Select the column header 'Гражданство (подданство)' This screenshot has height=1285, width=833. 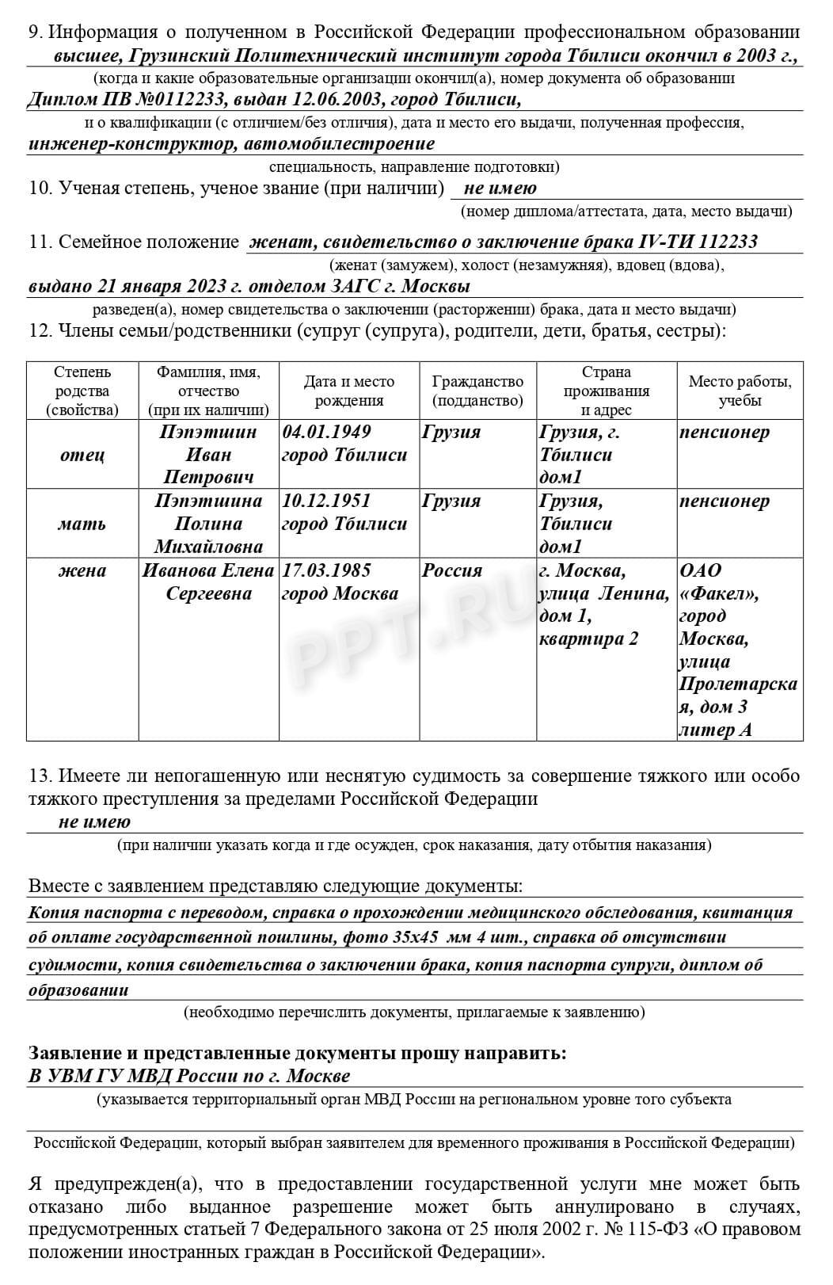tap(477, 391)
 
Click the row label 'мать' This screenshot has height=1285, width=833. tap(82, 524)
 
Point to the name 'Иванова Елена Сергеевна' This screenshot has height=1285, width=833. tap(207, 582)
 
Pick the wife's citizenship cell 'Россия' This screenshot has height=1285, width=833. tap(452, 571)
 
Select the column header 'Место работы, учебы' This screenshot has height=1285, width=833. tap(740, 391)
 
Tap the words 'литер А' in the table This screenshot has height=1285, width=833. tap(715, 730)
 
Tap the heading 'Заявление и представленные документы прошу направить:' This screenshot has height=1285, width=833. tap(298, 1054)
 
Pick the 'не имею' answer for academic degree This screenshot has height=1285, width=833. tap(500, 189)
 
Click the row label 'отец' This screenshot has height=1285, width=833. tap(82, 455)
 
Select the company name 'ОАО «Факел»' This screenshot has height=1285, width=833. tap(717, 582)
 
